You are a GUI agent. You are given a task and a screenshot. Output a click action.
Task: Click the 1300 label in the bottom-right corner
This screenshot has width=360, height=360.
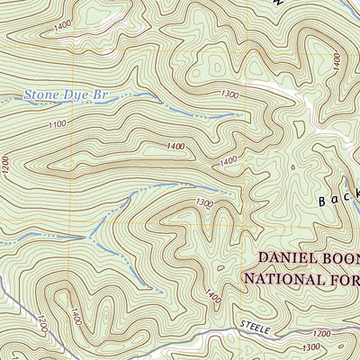pyautogui.click(x=313, y=346)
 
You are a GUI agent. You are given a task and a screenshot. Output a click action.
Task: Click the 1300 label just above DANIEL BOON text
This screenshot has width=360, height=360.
pyautogui.click(x=203, y=204)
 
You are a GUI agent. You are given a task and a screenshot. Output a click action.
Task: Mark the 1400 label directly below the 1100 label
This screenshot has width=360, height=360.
pyautogui.click(x=175, y=146)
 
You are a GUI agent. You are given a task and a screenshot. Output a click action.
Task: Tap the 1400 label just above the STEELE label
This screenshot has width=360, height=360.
pyautogui.click(x=213, y=295)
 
